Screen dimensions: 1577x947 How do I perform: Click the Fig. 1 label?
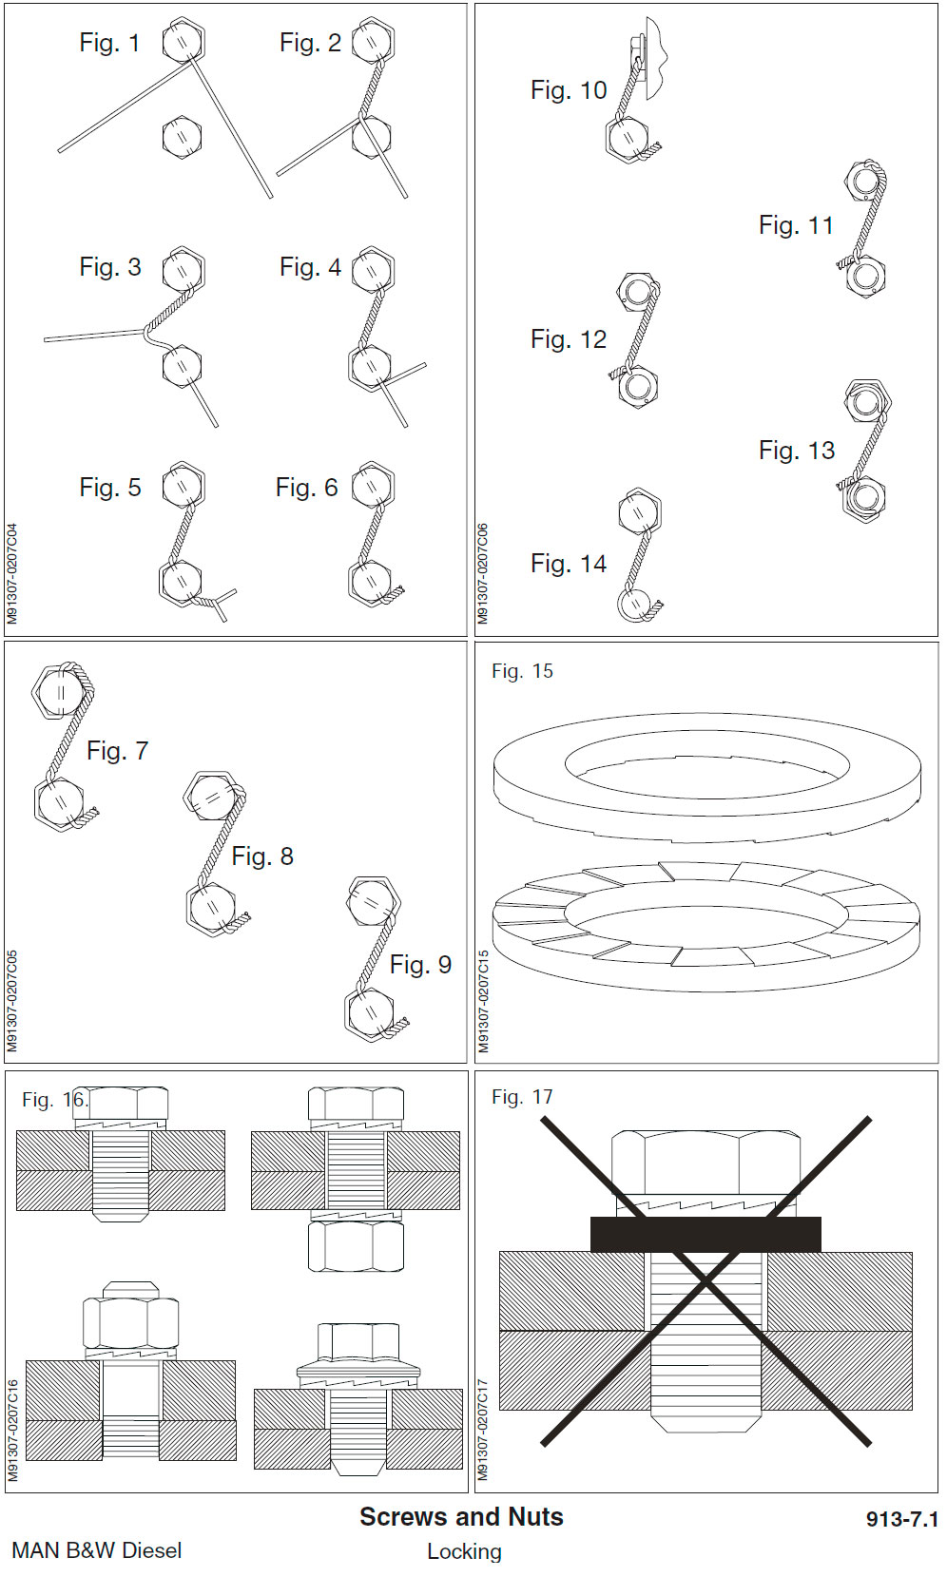109,44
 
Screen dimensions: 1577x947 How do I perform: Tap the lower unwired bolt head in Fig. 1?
181,137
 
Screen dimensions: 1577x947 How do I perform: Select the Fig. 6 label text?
306,488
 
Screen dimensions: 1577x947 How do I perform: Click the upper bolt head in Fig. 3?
182,271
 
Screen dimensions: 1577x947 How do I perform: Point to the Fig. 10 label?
569,90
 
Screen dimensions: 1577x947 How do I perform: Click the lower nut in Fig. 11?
865,277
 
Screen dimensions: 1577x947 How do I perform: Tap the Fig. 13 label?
797,451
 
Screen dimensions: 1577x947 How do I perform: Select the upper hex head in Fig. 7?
59,690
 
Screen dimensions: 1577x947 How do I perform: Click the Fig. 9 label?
420,965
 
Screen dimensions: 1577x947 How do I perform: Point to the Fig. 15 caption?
522,671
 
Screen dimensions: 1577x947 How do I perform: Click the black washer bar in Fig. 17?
705,1234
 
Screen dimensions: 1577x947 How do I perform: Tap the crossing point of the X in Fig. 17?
706,1282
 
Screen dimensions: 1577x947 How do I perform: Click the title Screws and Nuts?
461,1517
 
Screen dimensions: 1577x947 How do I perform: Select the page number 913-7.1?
901,1519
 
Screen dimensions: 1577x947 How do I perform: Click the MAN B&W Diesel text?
96,1550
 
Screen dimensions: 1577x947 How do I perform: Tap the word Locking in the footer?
464,1551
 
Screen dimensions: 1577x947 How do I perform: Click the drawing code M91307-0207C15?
484,1002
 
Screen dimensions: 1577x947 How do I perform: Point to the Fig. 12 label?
569,339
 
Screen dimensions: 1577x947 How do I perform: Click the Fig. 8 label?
262,856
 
